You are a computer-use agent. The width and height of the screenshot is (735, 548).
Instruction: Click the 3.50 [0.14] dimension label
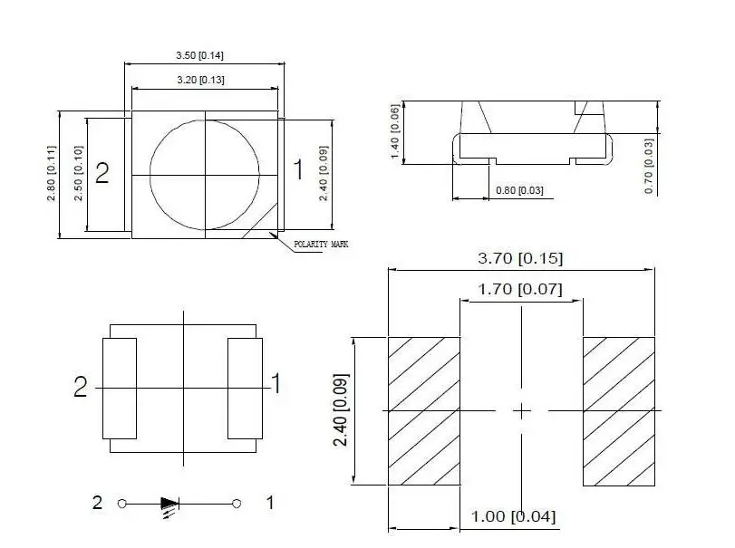point(199,55)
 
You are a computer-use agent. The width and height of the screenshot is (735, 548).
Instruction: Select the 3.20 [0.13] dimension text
point(200,80)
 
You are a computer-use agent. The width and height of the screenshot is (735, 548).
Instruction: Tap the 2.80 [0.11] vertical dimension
point(51,173)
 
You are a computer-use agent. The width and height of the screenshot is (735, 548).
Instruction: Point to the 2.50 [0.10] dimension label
point(78,173)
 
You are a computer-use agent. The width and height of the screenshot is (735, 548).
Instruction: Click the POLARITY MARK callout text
point(321,244)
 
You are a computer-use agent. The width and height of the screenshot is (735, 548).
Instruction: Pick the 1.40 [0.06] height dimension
point(395,131)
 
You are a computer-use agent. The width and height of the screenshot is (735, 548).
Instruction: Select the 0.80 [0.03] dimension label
point(519,190)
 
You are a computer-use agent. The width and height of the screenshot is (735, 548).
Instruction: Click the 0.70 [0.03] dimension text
point(649,166)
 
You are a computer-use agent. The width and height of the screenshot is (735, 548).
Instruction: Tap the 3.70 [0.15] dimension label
point(520,258)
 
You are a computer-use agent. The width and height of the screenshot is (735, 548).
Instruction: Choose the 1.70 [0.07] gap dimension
point(520,289)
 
